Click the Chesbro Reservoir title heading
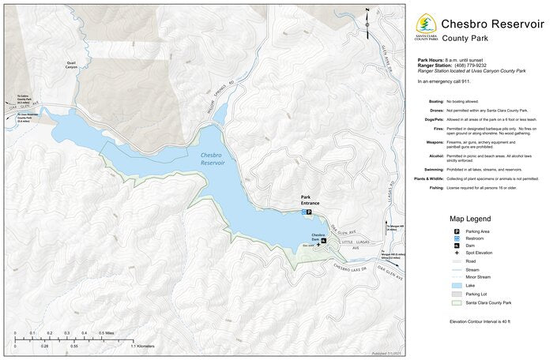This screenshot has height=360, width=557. pyautogui.click(x=492, y=24)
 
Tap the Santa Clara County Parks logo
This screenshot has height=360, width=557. pyautogui.click(x=426, y=28)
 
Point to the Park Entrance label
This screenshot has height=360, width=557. pyautogui.click(x=310, y=200)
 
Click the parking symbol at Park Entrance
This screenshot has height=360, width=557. pyautogui.click(x=309, y=212)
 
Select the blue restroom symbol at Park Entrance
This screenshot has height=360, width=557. pyautogui.click(x=303, y=212)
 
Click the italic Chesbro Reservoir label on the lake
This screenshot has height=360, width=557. pyautogui.click(x=213, y=159)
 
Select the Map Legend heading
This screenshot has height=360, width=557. pyautogui.click(x=470, y=219)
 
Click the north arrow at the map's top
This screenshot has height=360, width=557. pyautogui.click(x=367, y=17)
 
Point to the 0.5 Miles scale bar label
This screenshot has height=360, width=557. pyautogui.click(x=111, y=333)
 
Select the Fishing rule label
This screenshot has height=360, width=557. pyautogui.click(x=436, y=187)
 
